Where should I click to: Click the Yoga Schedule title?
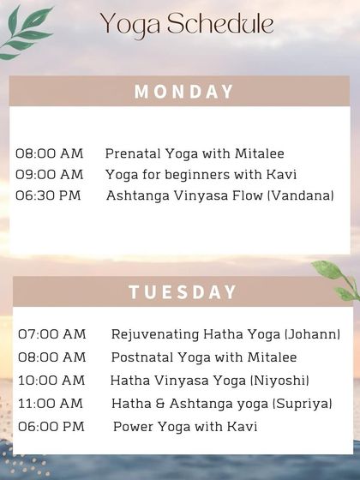point(186,24)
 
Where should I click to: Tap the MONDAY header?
point(183,92)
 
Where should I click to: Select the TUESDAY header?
point(183,291)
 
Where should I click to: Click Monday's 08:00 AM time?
point(50,153)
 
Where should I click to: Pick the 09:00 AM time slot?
point(50,174)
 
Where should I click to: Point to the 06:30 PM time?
point(48,195)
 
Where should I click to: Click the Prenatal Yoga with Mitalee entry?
point(195,153)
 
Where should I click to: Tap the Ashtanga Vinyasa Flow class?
point(184,195)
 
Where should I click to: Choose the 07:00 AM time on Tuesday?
point(51,333)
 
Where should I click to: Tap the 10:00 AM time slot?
point(51,380)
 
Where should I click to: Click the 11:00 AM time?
point(51,403)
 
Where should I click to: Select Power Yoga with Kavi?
point(185,426)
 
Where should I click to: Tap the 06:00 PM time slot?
point(51,426)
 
